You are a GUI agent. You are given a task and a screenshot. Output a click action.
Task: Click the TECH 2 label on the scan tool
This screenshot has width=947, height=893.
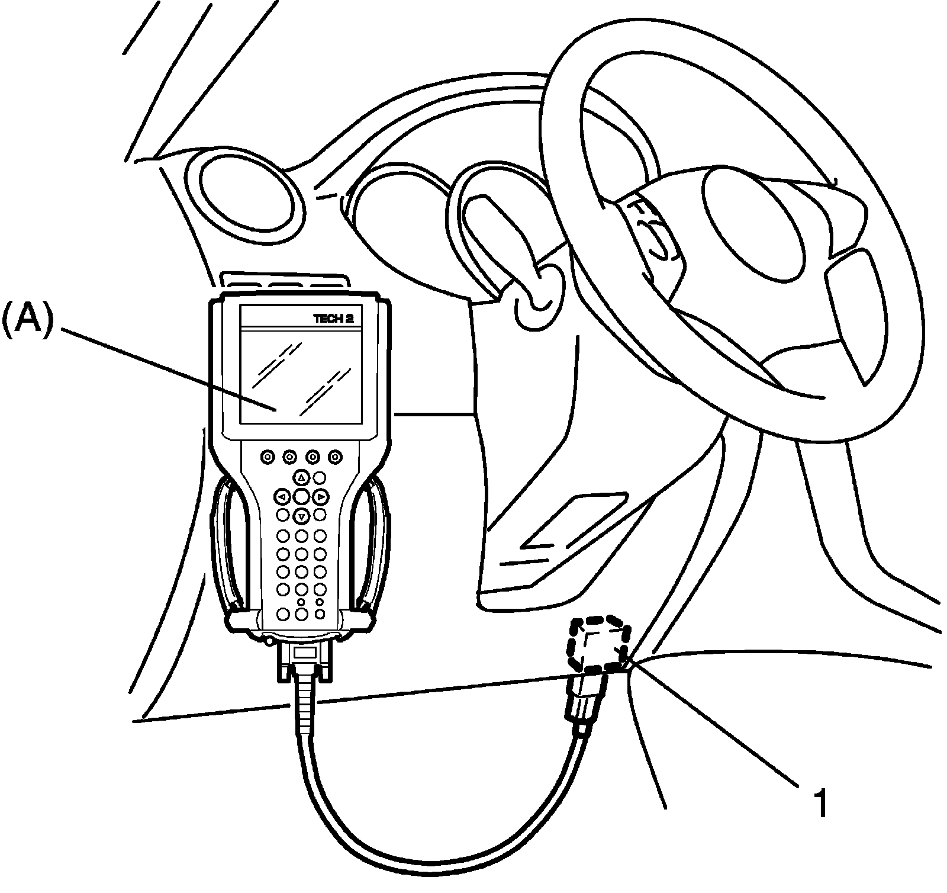pyautogui.click(x=333, y=318)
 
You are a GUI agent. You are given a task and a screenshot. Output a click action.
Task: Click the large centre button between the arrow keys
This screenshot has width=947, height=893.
pyautogui.click(x=301, y=496)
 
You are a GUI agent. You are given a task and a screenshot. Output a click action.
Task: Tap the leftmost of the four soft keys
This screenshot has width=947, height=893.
pyautogui.click(x=267, y=457)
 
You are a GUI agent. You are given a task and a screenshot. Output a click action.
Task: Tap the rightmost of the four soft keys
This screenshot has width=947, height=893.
pyautogui.click(x=336, y=457)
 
